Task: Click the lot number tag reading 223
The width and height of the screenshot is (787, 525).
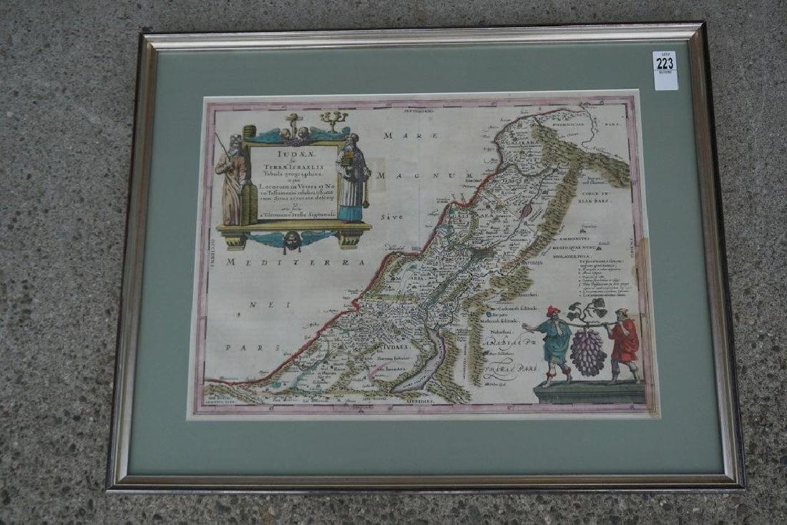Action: click(x=665, y=70)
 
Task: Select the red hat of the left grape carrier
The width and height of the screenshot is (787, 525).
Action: click(x=552, y=311)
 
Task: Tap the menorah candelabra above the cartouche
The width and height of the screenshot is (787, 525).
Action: click(x=333, y=119)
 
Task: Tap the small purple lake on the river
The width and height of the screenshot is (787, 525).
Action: click(x=527, y=210)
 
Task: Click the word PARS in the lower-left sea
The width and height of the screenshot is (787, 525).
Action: click(x=238, y=347)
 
